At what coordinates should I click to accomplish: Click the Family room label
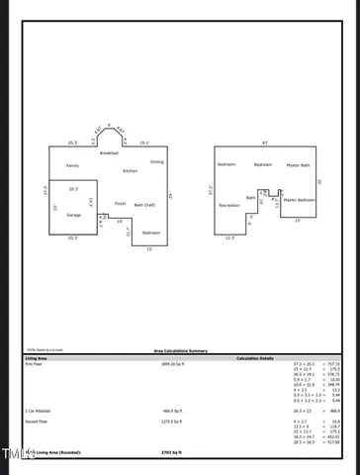pyautogui.click(x=72, y=165)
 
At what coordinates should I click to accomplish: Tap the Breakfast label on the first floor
pyautogui.click(x=109, y=153)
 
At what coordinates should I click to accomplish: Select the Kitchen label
pyautogui.click(x=130, y=171)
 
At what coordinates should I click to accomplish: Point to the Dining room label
pyautogui.click(x=157, y=161)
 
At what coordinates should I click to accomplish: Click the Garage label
pyautogui.click(x=73, y=215)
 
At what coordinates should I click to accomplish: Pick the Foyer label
pyautogui.click(x=120, y=203)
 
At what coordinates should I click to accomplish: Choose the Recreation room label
pyautogui.click(x=228, y=205)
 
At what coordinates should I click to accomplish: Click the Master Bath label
pyautogui.click(x=299, y=165)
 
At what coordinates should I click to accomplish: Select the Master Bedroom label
pyautogui.click(x=300, y=201)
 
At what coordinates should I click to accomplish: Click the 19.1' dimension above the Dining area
pyautogui.click(x=144, y=142)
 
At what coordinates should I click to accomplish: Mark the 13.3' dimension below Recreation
pyautogui.click(x=229, y=237)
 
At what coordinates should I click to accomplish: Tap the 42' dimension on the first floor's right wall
pyautogui.click(x=171, y=198)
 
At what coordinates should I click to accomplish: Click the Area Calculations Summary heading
pyautogui.click(x=180, y=350)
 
